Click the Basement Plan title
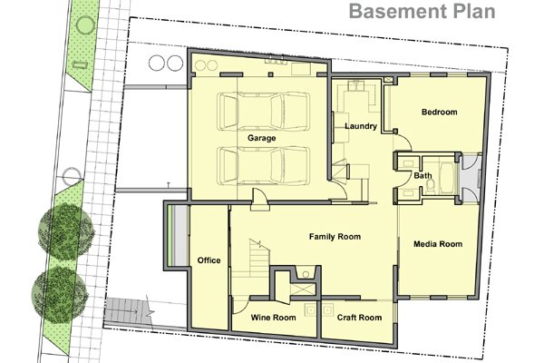[422, 11]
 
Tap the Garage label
[262, 138]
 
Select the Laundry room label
[361, 126]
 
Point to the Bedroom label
[439, 112]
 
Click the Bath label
[423, 176]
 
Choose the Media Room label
[438, 244]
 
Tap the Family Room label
[335, 237]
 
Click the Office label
[209, 260]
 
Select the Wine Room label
[274, 318]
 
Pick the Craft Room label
[359, 318]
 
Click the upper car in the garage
[263, 112]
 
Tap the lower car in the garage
[263, 166]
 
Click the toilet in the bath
[430, 187]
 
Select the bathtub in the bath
[447, 178]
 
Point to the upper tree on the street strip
[66, 232]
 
